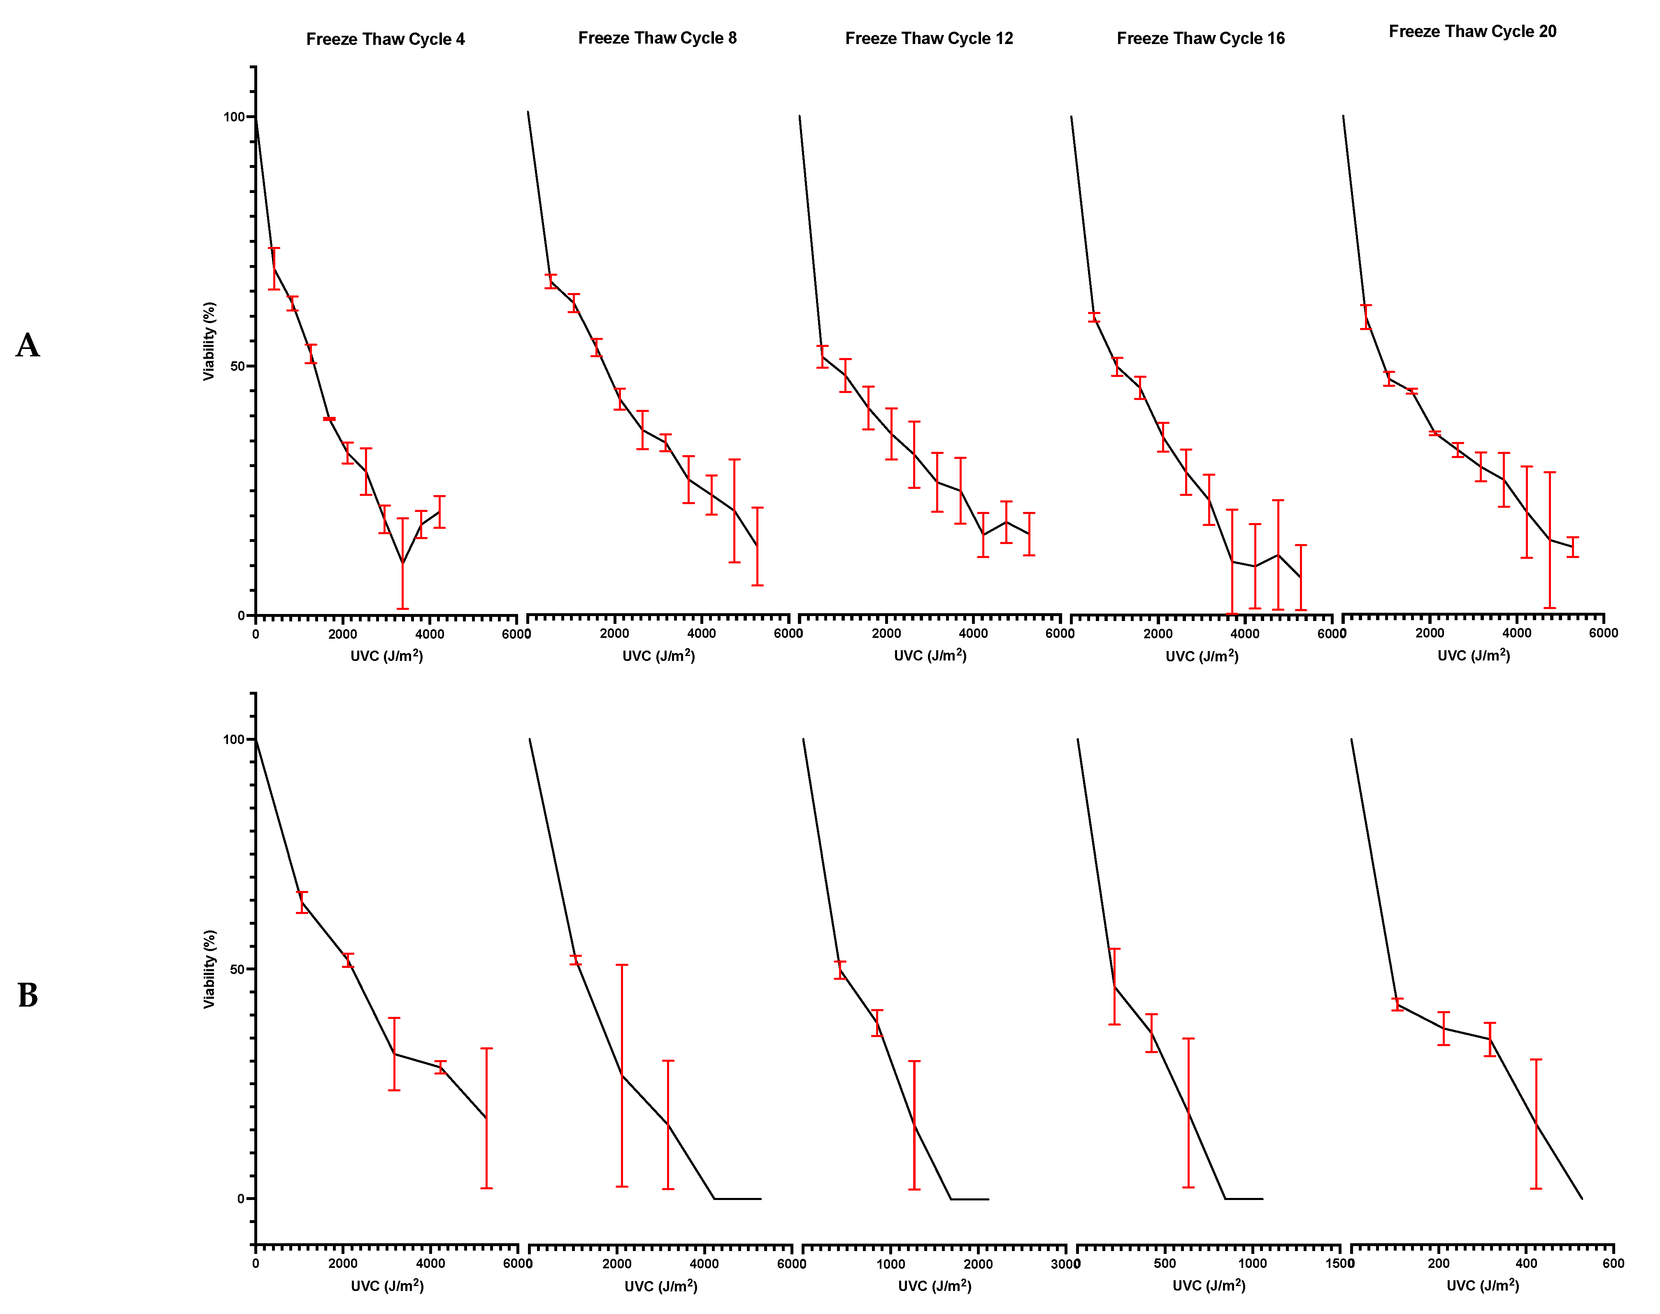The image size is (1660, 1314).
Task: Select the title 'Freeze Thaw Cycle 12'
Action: pos(928,38)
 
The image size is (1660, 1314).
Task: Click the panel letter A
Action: pos(28,345)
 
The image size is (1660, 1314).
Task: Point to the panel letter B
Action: pos(28,995)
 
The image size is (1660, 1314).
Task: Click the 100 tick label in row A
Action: pos(233,117)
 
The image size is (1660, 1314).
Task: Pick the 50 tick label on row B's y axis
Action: pos(237,969)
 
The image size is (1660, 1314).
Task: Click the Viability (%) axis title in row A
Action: pos(209,341)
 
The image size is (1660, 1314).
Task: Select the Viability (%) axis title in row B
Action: pos(209,969)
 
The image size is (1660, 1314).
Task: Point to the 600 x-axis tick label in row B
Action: pos(1613,1263)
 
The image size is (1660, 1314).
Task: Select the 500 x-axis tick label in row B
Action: pos(1165,1263)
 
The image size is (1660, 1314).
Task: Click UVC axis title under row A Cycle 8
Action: pos(658,656)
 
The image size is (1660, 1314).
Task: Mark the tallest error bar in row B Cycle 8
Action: pos(621,1075)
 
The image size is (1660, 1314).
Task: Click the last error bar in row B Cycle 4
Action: pos(486,1118)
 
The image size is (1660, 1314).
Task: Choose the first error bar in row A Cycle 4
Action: pos(274,268)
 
